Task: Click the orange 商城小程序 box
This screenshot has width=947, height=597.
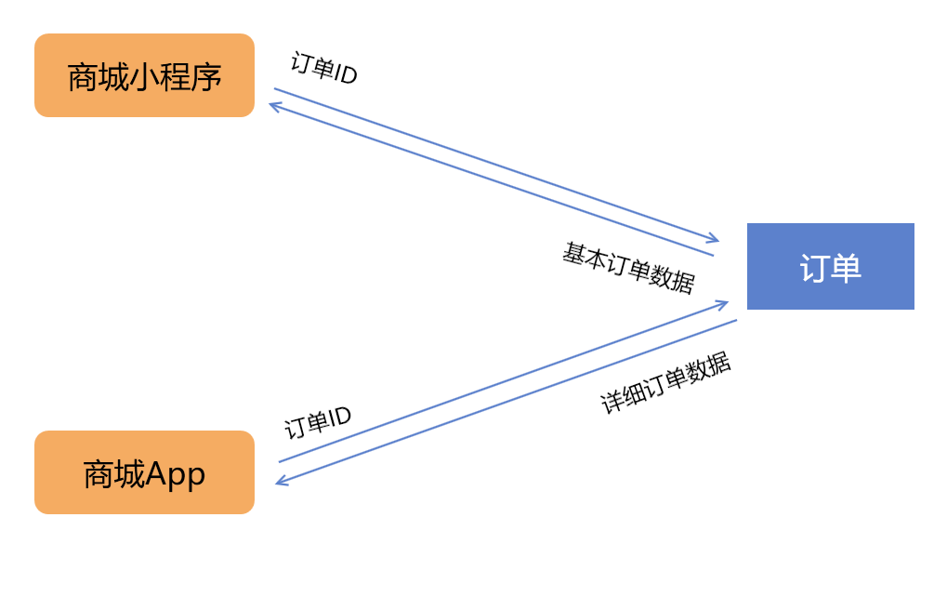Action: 144,75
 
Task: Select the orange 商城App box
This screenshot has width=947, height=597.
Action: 144,472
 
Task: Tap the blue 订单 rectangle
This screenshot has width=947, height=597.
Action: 830,266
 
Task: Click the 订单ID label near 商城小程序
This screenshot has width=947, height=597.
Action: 323,69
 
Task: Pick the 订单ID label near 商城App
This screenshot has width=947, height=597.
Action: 318,423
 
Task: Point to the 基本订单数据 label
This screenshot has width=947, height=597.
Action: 628,268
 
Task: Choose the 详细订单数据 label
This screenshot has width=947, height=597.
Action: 665,384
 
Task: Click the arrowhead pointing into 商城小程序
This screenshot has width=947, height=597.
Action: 273,105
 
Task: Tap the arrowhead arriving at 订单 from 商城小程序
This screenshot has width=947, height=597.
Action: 714,240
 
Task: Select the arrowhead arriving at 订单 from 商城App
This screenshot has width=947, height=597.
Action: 723,303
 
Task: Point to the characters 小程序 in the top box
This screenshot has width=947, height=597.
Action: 177,76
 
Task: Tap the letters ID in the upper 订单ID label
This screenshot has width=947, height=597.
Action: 346,74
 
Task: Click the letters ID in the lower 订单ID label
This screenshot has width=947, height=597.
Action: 340,416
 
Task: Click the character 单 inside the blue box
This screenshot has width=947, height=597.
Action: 846,268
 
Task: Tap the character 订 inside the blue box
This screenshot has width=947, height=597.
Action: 814,268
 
